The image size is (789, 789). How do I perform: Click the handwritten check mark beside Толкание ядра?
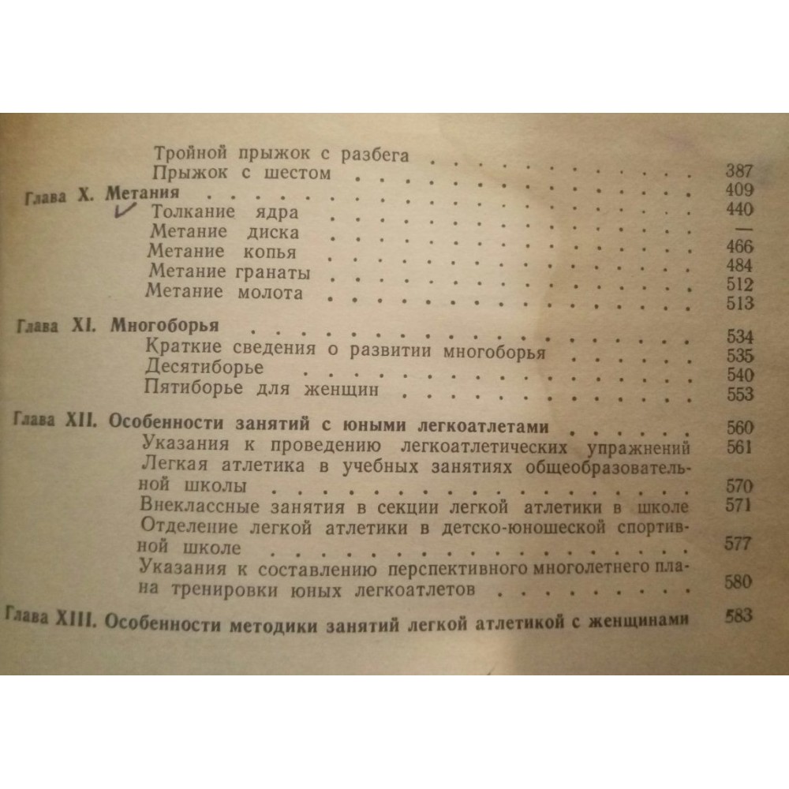point(126,210)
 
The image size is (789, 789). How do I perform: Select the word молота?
point(273,293)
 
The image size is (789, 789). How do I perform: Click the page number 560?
point(740,429)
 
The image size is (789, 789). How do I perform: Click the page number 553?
point(739,394)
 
